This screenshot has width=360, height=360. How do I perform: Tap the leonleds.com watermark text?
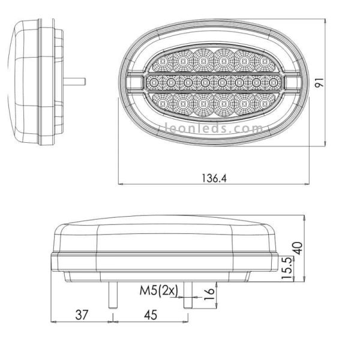point(214,128)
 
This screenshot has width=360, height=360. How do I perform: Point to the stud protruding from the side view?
point(78,80)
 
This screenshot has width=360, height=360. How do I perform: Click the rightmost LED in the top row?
point(262,62)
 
